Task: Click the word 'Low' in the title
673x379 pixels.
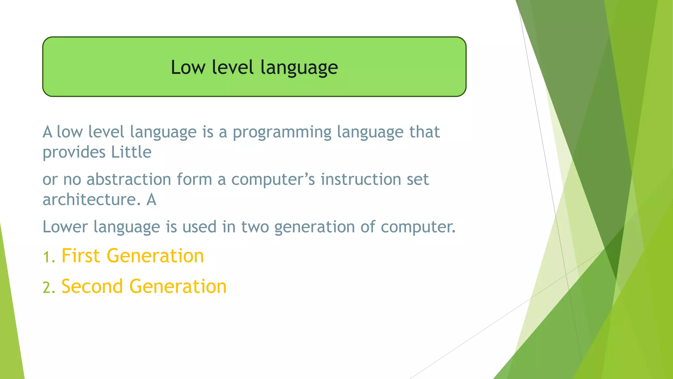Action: pos(188,67)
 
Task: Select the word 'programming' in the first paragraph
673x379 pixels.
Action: pos(282,133)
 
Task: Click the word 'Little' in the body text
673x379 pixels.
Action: pos(131,152)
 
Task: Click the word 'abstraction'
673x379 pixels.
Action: pos(128,180)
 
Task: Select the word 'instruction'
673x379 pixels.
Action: pos(360,180)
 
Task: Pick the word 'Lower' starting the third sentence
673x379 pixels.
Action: pos(65,227)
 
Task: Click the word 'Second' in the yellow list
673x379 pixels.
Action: pos(92,286)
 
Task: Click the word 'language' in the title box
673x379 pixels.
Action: pos(299,68)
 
